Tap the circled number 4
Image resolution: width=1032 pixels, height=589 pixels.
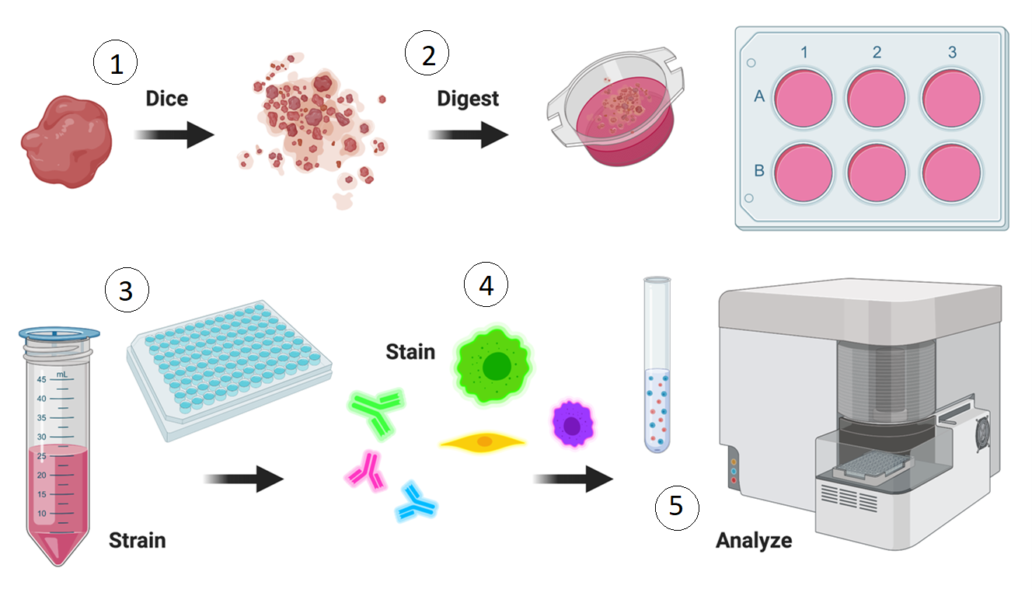click(x=486, y=286)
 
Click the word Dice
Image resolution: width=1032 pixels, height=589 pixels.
click(x=166, y=99)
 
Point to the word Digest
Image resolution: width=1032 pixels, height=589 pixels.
click(x=468, y=99)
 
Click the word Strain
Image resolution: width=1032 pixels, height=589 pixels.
click(x=137, y=539)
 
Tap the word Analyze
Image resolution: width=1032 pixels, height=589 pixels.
click(x=754, y=539)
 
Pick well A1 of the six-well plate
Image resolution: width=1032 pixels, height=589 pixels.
click(x=804, y=98)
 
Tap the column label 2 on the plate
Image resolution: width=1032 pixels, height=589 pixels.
click(x=877, y=53)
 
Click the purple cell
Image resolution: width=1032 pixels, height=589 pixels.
click(x=573, y=424)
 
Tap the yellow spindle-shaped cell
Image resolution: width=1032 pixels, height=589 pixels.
click(x=483, y=442)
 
